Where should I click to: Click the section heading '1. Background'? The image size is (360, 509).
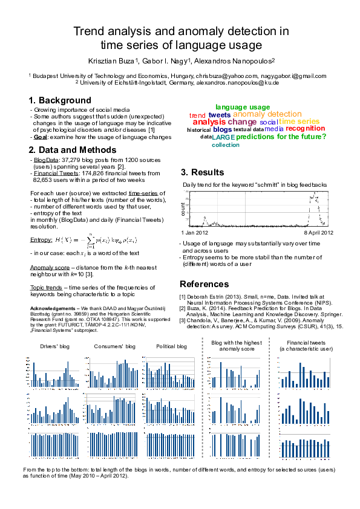coord(60,100)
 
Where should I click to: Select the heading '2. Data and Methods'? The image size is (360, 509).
coord(73,149)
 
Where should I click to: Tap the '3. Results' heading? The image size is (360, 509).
coord(202,172)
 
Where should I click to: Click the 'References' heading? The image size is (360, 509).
coord(205,284)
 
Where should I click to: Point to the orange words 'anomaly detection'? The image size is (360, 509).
coord(267,114)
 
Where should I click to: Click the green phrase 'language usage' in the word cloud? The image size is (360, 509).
coord(243,107)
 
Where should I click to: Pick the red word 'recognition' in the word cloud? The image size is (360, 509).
coord(306,128)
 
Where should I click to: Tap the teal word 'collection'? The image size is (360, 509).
coord(226,145)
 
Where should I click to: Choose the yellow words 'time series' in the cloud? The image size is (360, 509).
coord(299,122)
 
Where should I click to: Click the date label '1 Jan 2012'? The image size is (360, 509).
coord(194,232)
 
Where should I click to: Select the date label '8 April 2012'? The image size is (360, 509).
coord(318,232)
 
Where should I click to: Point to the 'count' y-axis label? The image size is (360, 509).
coord(183,209)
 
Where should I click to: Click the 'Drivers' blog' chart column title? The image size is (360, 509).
coord(55,346)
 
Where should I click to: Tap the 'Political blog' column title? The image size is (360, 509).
coord(172,346)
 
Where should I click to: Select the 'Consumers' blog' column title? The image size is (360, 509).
coord(114,346)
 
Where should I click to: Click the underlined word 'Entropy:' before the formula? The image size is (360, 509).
coord(41,240)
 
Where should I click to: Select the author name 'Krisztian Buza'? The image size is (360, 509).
coord(111,61)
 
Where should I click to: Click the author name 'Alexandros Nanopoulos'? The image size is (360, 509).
coord(235,61)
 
